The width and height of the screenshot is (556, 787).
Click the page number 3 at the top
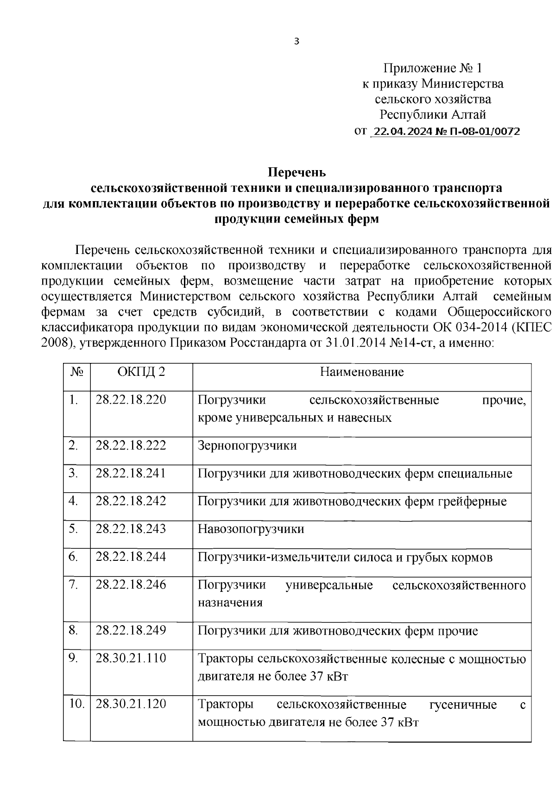(297, 42)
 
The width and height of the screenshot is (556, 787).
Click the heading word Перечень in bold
(297, 173)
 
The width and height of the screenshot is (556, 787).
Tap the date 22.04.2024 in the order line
(402, 132)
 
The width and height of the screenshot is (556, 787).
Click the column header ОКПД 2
(141, 372)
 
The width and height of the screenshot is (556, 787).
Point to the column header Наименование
(362, 372)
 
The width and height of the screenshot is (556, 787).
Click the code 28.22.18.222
(131, 446)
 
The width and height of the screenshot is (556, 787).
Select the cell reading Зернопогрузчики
(247, 446)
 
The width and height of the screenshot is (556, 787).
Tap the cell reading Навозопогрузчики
(251, 529)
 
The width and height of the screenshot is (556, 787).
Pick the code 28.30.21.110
(131, 658)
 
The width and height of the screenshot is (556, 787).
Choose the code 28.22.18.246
(131, 585)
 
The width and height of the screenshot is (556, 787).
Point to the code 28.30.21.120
(131, 704)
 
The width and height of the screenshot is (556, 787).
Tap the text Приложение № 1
(432, 69)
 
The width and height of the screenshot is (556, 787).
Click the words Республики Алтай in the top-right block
(433, 114)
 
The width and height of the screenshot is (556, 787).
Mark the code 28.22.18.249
(131, 631)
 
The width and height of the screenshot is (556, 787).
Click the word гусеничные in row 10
(463, 705)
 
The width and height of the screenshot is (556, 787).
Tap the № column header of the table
(77, 372)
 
